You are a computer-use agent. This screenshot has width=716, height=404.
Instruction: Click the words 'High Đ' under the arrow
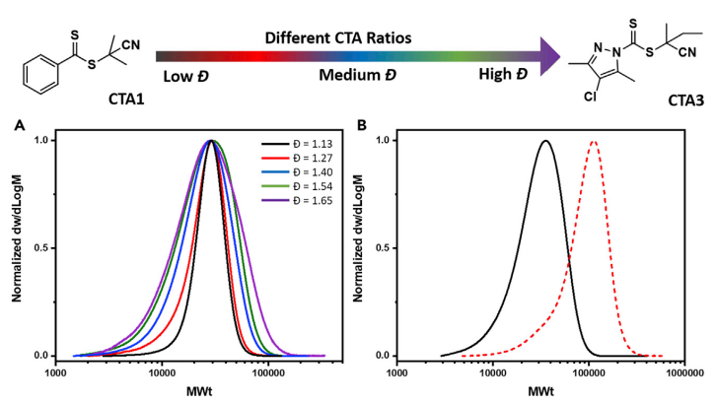pos(502,76)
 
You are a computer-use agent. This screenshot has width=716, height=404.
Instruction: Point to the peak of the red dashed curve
pos(593,141)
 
